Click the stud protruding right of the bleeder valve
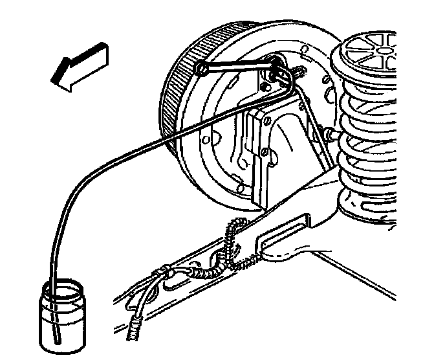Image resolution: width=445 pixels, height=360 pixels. coord(299,67)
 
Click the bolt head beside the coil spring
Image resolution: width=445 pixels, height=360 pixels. coord(331,133)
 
